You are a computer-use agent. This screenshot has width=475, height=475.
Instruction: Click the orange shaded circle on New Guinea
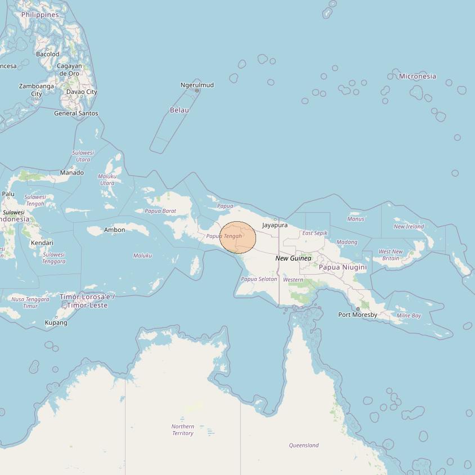coord(238,237)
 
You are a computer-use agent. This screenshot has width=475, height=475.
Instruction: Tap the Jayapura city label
coord(275,225)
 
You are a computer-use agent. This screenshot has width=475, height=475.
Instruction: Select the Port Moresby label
coord(357,315)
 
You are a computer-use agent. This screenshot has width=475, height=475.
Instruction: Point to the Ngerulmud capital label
coord(197,85)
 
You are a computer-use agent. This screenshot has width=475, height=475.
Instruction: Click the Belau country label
coord(180,110)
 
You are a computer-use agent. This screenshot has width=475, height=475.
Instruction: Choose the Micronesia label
coord(417,76)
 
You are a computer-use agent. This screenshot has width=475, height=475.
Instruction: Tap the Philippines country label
coord(40,15)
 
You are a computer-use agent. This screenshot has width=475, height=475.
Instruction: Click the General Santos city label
coord(76,113)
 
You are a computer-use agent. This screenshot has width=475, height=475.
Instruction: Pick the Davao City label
coord(82,92)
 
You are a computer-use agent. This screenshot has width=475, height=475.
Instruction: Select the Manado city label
coord(71,173)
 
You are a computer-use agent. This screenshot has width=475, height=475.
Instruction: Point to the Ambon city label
coord(115,230)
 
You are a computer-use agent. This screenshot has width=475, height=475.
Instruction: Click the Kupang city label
coord(56,322)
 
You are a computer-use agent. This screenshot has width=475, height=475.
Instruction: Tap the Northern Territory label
coord(182,430)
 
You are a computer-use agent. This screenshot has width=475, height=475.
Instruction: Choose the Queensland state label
coord(304,445)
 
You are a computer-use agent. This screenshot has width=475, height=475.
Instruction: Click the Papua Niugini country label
coord(343,267)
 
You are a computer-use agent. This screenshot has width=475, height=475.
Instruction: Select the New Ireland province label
coord(409,226)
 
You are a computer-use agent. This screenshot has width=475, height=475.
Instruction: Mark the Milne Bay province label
coord(409,316)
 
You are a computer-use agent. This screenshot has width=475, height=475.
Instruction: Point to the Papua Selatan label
coord(259,279)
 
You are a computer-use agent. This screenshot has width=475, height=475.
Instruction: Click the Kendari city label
coord(42,243)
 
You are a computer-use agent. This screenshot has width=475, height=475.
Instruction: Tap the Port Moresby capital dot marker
coord(358,308)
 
